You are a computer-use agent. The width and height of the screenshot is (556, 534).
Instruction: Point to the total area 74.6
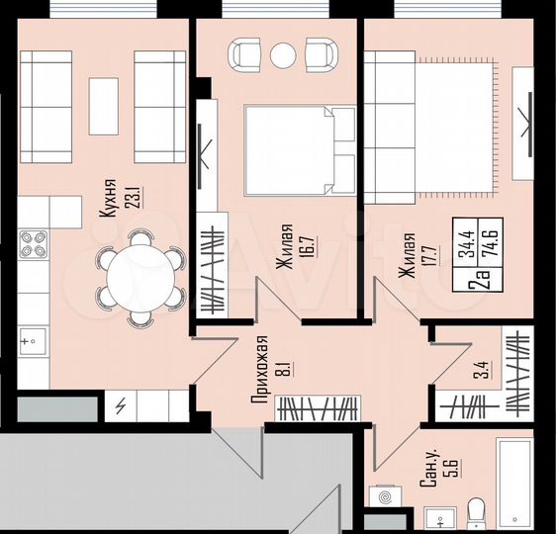point(492,241)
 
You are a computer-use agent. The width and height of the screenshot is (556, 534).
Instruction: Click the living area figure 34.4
point(464,241)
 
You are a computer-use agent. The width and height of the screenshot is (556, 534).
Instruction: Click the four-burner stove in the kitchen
point(33,244)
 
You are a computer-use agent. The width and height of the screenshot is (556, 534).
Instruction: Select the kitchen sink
point(33,342)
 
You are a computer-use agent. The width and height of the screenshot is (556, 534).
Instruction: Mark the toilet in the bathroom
point(476,512)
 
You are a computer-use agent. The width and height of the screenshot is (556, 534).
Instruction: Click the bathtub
point(514,483)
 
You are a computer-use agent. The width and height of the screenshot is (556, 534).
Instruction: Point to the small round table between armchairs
point(284,54)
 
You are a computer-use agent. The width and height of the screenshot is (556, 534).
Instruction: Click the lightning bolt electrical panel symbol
point(121,405)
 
